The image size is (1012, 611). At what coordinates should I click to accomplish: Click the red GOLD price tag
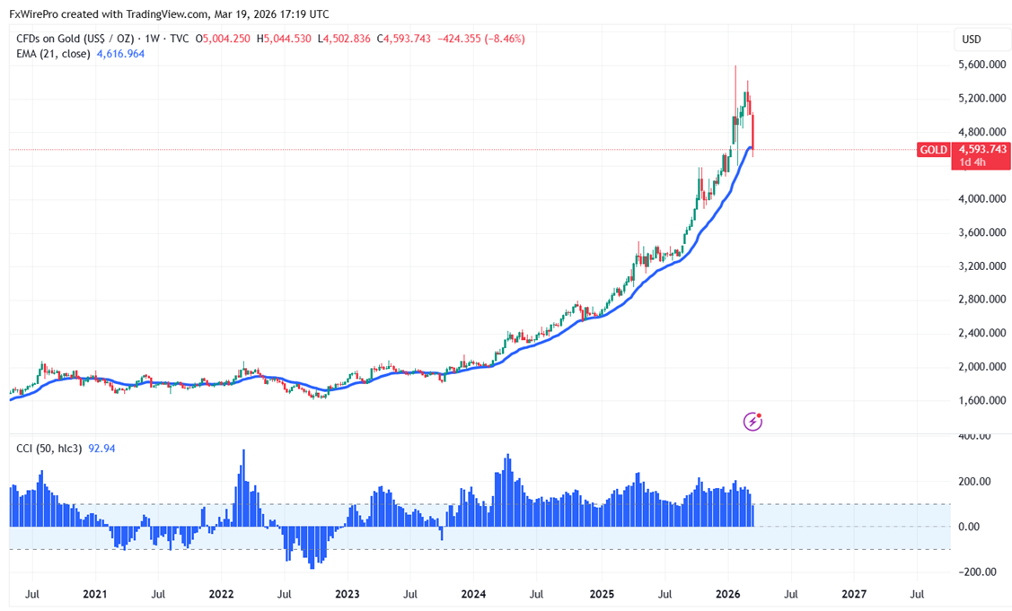click(x=933, y=150)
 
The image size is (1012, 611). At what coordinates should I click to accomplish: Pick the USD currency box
click(x=972, y=39)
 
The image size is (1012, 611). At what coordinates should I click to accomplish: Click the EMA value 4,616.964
click(x=120, y=54)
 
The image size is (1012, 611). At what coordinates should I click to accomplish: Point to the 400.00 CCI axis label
click(x=976, y=436)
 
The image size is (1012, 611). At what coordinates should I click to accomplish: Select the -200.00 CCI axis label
click(x=974, y=572)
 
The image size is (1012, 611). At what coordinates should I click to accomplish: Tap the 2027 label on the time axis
click(x=854, y=594)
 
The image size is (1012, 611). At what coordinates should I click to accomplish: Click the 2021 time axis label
click(x=94, y=594)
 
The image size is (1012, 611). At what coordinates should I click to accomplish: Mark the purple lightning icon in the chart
click(x=753, y=420)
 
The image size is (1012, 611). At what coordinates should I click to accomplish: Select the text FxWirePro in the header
click(x=34, y=13)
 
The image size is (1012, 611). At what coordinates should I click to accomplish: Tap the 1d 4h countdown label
click(x=971, y=162)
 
